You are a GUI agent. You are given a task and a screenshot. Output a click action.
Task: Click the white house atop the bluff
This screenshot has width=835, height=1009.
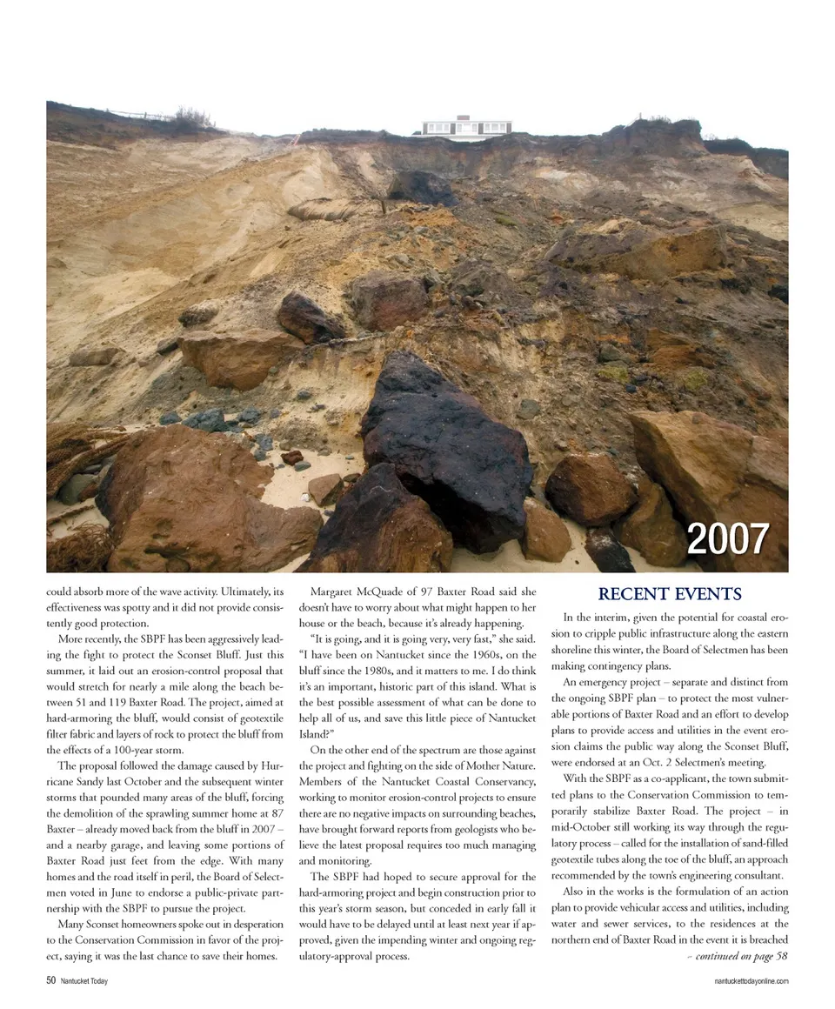466,127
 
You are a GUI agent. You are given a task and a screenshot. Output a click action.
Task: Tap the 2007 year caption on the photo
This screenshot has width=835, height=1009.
727,540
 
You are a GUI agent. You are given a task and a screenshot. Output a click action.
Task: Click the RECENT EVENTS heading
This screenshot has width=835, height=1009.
670,595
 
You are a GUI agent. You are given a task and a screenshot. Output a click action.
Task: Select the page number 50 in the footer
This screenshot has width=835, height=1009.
51,980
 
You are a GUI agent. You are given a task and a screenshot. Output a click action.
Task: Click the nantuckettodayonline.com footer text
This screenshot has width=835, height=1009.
750,981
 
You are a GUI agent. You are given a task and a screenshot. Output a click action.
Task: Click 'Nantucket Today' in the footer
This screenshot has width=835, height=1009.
84,981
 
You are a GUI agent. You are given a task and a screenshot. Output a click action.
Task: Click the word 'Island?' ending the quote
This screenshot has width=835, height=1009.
317,732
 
